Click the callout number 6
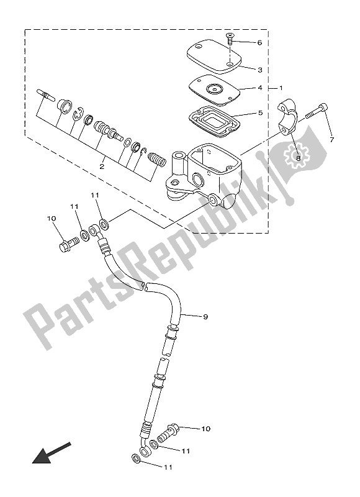[259, 42]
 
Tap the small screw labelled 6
[230, 39]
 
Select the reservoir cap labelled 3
[214, 56]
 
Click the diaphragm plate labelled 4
[214, 90]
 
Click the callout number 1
[281, 88]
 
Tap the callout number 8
[298, 157]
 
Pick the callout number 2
[102, 166]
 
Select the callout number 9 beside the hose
[205, 316]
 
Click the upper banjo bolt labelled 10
[69, 244]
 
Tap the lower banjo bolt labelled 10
[168, 432]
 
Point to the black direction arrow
[51, 453]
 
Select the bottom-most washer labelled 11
[137, 458]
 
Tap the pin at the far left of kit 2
[46, 95]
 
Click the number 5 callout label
[260, 112]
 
